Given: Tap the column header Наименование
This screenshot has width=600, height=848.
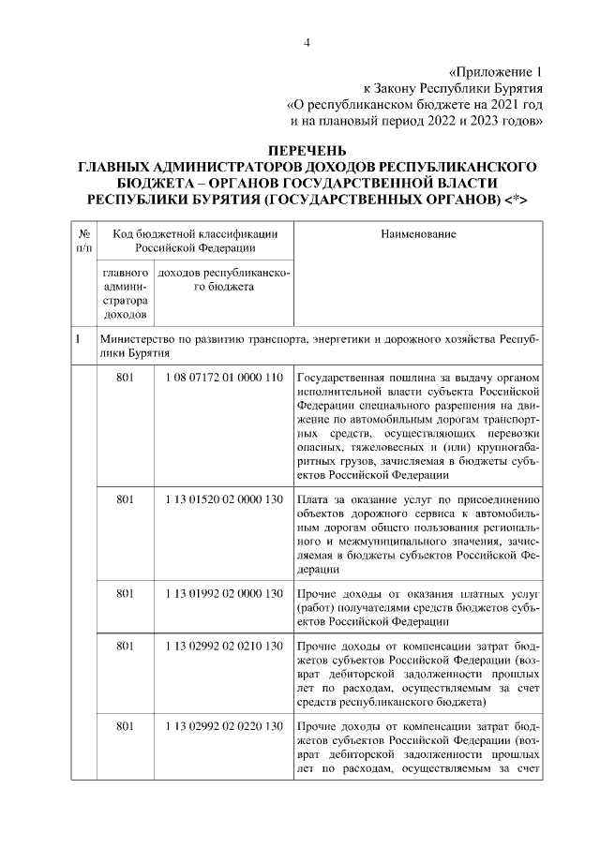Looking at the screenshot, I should point(418,233).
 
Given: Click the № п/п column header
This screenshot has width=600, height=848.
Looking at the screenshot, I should point(83,241).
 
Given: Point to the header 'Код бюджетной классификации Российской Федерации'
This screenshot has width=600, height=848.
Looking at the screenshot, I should point(195,241).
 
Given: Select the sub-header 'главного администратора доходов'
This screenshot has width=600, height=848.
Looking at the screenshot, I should point(126,297).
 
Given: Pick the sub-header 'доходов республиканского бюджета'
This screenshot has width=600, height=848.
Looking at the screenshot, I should point(224,280).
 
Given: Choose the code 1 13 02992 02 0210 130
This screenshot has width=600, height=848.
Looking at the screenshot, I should point(223,647).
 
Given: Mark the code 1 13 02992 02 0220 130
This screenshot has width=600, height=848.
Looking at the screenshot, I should point(223,727).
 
